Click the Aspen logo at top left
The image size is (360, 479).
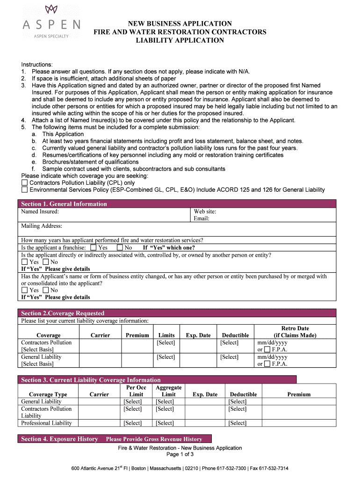click(x=51, y=21)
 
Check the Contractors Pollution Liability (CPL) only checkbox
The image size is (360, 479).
click(x=25, y=183)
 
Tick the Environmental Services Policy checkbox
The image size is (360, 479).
click(x=25, y=190)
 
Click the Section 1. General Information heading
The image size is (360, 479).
click(x=64, y=204)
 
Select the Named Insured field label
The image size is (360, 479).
click(x=40, y=211)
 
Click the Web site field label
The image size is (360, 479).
click(x=205, y=211)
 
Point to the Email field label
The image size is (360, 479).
click(x=202, y=218)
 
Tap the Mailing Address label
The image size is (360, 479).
click(x=42, y=226)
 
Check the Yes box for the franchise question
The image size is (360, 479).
click(x=94, y=248)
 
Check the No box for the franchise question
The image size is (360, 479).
click(x=120, y=248)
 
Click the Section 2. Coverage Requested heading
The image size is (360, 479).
click(x=63, y=313)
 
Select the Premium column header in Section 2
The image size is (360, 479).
click(x=137, y=335)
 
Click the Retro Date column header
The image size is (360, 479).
click(x=295, y=332)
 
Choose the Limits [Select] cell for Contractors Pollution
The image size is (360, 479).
click(x=166, y=343)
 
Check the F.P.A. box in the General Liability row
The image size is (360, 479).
click(x=267, y=364)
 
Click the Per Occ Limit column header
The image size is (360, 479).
click(x=136, y=391)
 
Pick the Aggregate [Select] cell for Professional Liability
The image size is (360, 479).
click(x=165, y=423)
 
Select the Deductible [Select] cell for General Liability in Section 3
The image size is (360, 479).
click(x=238, y=402)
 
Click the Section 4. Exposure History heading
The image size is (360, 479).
click(x=60, y=439)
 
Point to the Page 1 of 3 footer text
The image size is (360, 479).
click(x=180, y=455)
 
